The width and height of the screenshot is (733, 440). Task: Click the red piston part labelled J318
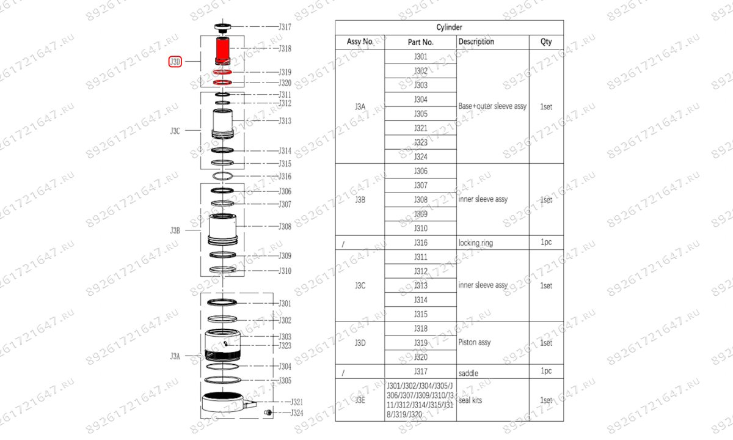[222, 50]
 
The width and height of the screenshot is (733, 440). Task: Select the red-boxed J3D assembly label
[175, 62]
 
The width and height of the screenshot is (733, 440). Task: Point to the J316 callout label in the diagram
[285, 177]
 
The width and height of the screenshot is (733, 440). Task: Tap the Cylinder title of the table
[449, 28]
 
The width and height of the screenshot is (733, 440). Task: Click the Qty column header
[546, 42]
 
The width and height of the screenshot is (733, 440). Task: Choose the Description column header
[476, 42]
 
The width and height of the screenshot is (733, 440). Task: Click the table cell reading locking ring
[475, 243]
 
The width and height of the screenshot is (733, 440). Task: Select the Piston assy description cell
[475, 343]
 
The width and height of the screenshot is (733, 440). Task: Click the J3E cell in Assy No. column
[360, 400]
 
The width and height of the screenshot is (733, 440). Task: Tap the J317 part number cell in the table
[421, 372]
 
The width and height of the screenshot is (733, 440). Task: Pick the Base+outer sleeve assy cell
[492, 106]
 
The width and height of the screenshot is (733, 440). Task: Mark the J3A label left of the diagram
[175, 356]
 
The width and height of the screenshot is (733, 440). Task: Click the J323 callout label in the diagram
[285, 346]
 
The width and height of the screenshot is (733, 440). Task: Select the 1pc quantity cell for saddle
[546, 372]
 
